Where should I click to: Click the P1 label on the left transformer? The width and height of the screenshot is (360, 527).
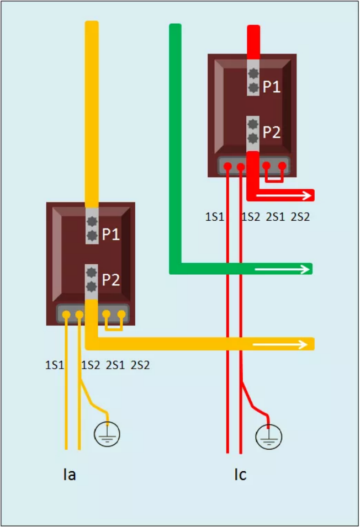coord(111,235)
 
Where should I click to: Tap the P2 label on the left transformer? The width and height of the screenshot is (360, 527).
coord(111,280)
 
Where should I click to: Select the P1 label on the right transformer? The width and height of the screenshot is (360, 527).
coord(272,87)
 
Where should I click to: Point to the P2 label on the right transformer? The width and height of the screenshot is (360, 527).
coord(272,132)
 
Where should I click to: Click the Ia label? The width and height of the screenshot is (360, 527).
coord(70,474)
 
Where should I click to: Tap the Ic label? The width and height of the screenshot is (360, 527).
coord(240,474)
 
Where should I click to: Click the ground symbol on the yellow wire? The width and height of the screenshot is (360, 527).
coord(107,434)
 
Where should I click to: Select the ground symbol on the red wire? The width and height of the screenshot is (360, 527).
coord(268,436)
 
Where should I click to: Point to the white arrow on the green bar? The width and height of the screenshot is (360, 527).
coord(282,269)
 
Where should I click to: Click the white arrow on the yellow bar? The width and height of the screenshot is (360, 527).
coord(280,344)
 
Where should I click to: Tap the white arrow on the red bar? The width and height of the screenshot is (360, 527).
coord(284,195)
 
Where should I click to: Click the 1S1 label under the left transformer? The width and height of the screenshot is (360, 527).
coord(55,365)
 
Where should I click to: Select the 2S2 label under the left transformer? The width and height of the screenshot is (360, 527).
coord(140,365)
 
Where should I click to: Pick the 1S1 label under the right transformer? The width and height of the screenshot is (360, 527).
coord(215,217)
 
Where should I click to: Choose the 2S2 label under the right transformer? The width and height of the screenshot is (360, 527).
coord(300,217)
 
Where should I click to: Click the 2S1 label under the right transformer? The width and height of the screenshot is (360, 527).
coord(276,217)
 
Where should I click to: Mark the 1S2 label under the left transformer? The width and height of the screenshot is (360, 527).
coord(91,365)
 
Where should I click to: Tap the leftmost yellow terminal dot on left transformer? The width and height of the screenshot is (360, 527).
coord(67,315)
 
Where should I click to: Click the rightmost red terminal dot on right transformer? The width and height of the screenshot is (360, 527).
coord(282,166)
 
